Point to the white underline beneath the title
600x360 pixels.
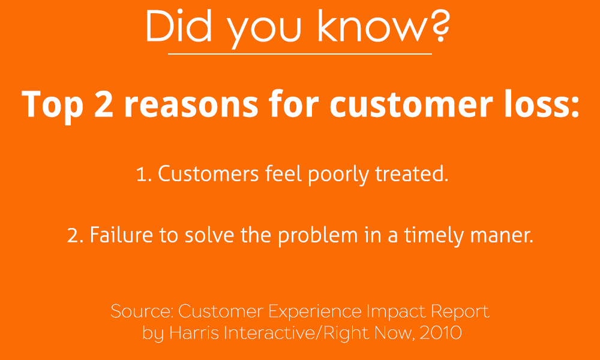tap(299, 54)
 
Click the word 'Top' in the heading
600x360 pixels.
tap(52, 107)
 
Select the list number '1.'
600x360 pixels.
tap(144, 175)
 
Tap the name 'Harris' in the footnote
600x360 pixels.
tap(194, 332)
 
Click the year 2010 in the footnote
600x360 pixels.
tap(440, 333)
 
